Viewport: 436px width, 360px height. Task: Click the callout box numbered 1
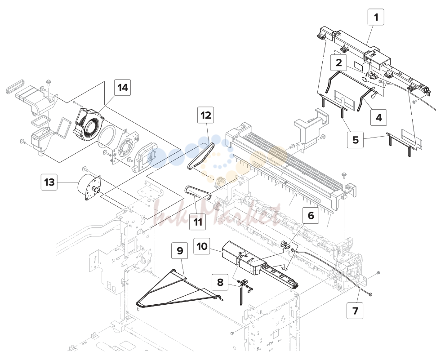(x=376, y=17)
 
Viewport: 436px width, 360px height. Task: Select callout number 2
(x=338, y=62)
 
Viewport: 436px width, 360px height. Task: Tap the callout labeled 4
(x=379, y=117)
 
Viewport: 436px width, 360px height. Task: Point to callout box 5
(x=356, y=140)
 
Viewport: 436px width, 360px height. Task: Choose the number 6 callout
(x=311, y=215)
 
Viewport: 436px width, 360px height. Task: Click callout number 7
(x=355, y=311)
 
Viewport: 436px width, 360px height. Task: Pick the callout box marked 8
(x=220, y=282)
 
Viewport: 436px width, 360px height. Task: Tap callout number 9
(x=180, y=250)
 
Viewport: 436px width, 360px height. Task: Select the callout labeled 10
(x=202, y=246)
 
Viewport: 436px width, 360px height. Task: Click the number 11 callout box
(x=198, y=222)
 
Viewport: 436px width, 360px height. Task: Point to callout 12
(x=206, y=115)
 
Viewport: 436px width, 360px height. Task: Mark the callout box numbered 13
(x=49, y=182)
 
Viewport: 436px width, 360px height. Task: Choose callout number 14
(x=123, y=87)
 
